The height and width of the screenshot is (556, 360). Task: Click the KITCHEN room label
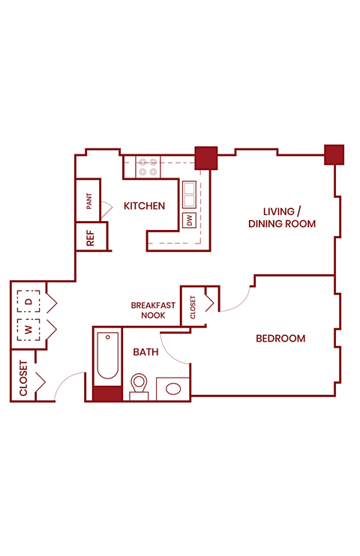click(x=144, y=205)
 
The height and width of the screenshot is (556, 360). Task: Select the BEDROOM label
click(x=280, y=339)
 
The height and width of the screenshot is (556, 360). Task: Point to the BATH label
click(x=145, y=351)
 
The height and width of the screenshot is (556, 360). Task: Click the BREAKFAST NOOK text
click(x=153, y=310)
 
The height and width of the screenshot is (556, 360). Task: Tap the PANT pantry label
click(x=88, y=201)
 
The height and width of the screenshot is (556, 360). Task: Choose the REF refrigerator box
click(x=90, y=238)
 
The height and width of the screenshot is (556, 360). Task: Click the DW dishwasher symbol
click(x=189, y=220)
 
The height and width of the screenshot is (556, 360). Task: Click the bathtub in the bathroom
click(x=106, y=357)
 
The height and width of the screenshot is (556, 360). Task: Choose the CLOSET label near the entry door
click(x=24, y=378)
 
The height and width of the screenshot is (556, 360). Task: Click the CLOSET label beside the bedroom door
click(x=193, y=307)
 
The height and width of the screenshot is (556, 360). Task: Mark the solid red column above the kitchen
click(x=205, y=157)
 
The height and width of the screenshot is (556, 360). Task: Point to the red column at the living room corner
click(x=334, y=154)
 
